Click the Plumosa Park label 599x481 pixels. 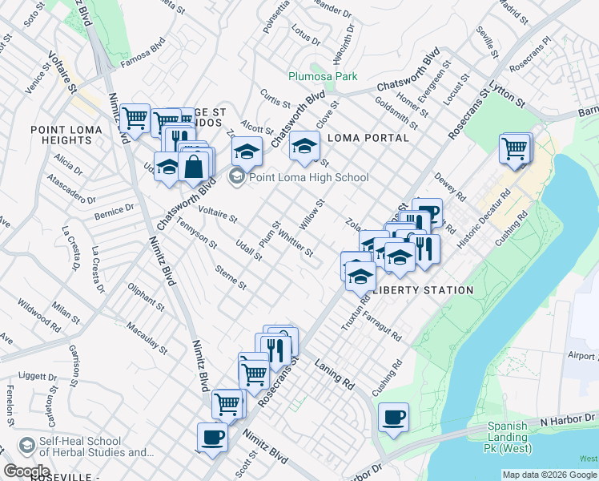click(323, 77)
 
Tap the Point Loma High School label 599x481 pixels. click(309, 177)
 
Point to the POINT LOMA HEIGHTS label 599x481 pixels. click(62, 135)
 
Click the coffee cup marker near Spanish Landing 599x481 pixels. click(393, 418)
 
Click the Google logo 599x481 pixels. click(26, 471)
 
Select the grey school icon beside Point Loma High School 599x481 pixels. click(237, 177)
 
